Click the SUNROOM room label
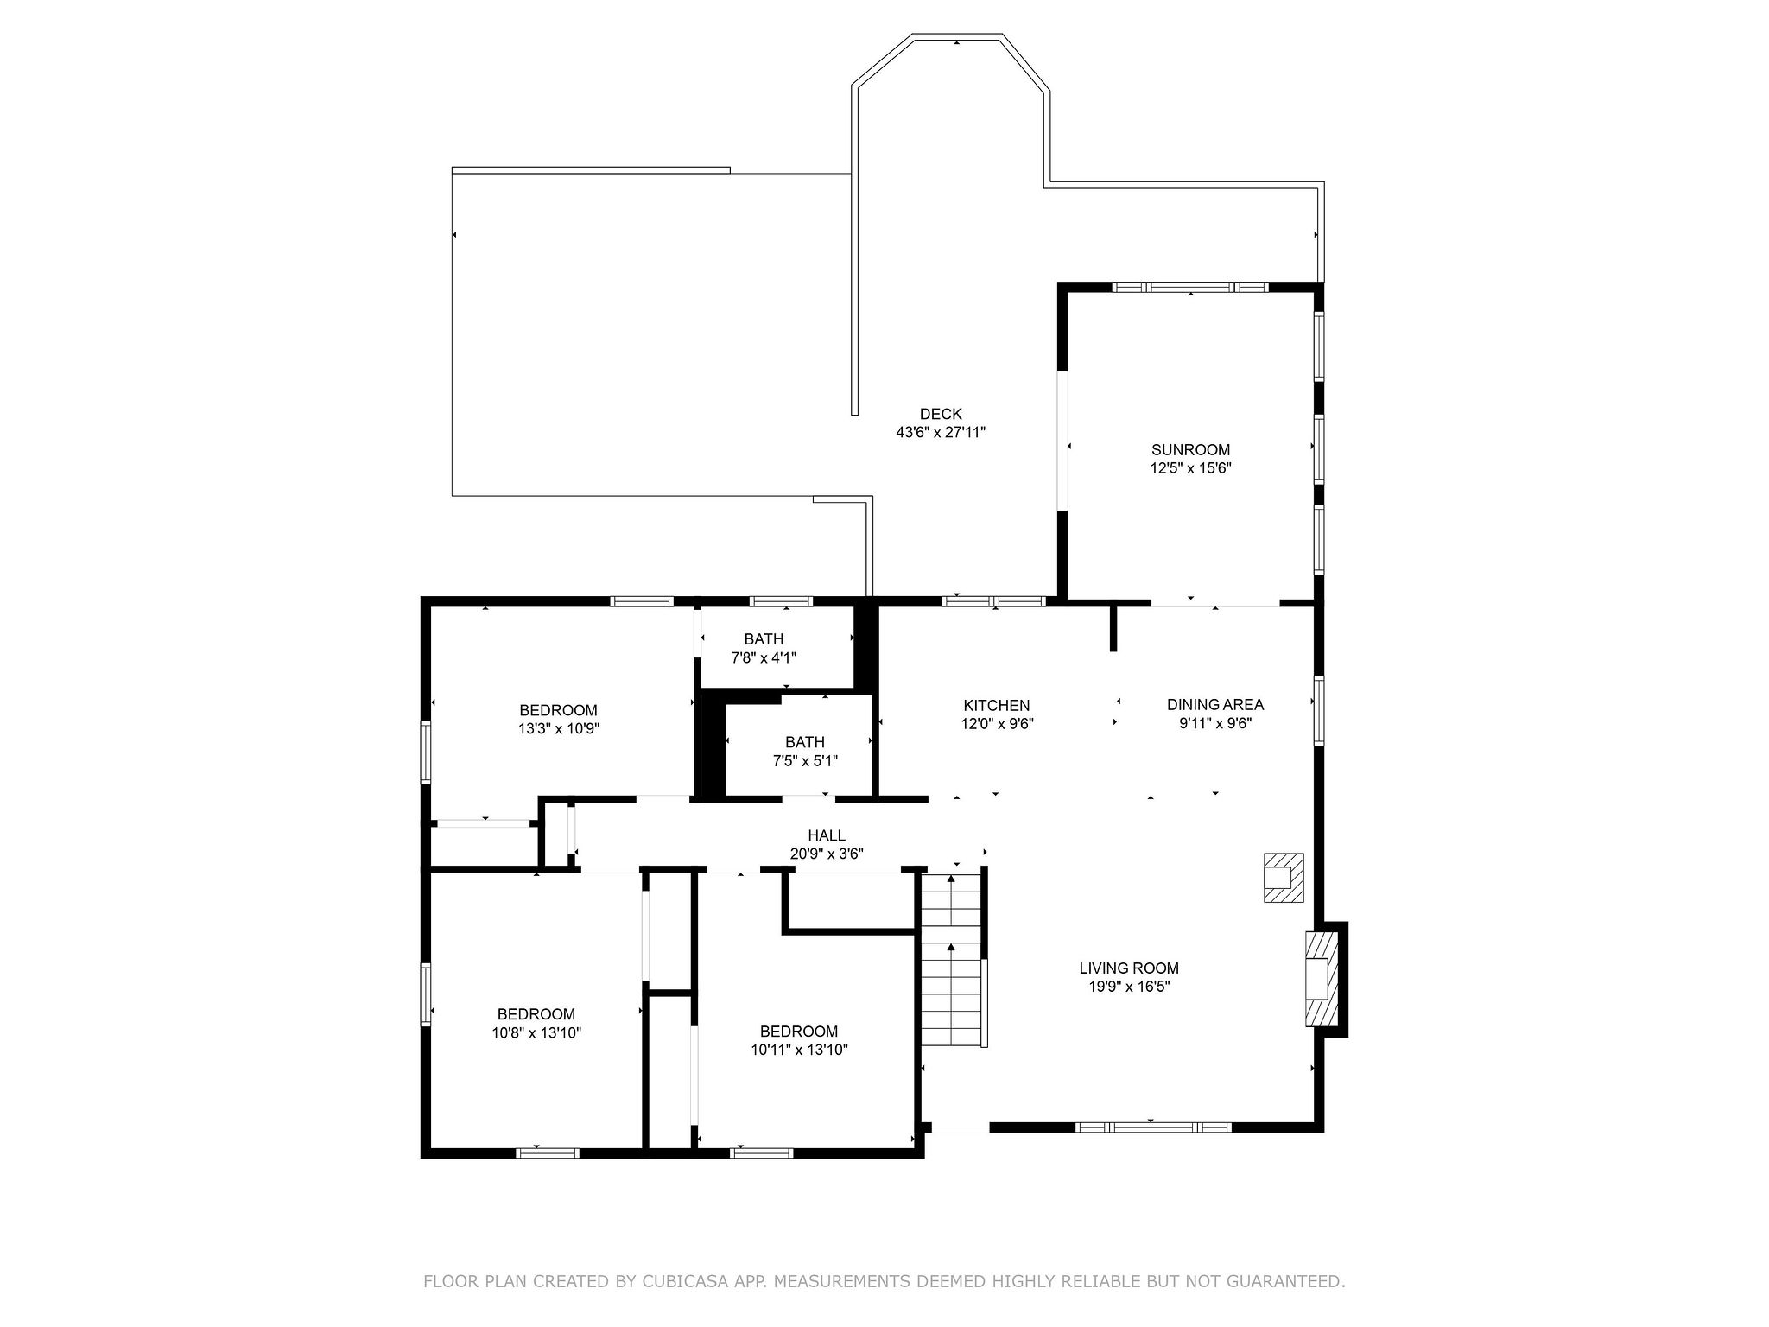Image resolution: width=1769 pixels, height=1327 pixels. point(1190,449)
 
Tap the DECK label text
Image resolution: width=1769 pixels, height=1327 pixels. point(940,414)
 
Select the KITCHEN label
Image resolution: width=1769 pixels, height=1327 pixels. point(997,706)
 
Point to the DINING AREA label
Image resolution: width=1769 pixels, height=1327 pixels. point(1214,704)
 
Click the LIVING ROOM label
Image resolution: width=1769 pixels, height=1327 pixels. point(1128,968)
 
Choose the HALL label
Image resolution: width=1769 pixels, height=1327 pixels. point(826,835)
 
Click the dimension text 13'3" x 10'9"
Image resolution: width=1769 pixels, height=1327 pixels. point(558,728)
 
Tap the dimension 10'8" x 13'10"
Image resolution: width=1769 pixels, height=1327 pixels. point(536,1032)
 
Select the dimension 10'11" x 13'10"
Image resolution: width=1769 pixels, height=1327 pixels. point(799,1050)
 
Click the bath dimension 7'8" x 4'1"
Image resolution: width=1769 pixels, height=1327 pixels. point(764,657)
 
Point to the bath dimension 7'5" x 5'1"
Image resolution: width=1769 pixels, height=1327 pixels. point(804,760)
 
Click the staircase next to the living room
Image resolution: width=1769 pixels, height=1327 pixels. point(952,959)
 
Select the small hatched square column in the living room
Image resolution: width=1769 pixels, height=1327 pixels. point(1284,878)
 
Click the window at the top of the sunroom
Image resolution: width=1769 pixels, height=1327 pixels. point(1189,287)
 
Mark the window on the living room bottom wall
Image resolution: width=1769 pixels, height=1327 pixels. point(1152,1127)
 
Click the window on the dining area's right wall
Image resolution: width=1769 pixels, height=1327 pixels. point(1318,710)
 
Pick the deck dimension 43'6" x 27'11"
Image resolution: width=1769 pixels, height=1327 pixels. point(940,432)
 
